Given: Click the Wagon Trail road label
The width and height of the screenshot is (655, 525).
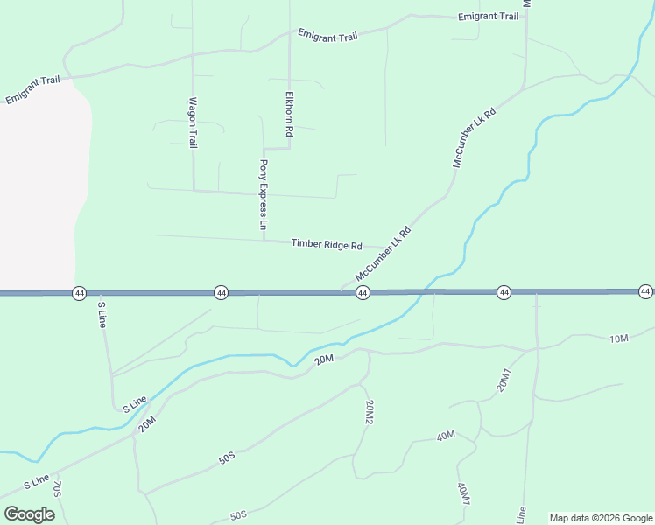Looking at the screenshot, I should (194, 122).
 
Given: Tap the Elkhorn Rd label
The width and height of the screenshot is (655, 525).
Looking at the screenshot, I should (288, 114).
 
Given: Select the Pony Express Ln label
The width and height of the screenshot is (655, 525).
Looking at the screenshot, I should (263, 194).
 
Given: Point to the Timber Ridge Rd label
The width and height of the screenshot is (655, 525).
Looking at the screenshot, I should (326, 245).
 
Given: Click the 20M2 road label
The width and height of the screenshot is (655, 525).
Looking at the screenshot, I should (370, 412).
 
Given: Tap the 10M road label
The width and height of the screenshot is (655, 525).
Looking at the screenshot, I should (619, 339).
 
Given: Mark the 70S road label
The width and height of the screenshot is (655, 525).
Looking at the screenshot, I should (57, 488).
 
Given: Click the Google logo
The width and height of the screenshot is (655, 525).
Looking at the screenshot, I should (29, 514).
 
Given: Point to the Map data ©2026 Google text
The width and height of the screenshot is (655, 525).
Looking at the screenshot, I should (601, 518).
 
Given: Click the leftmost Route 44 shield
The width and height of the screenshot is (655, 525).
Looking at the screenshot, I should (80, 292).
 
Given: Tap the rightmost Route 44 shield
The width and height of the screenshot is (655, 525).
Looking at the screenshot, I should (645, 291).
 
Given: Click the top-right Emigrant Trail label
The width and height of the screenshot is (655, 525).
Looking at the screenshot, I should (488, 17).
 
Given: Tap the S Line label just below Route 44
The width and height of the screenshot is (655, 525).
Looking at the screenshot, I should (102, 314).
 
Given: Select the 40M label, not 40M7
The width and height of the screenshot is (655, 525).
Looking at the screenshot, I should (445, 435).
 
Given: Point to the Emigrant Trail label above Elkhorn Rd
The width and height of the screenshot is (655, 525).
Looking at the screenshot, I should (327, 36).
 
